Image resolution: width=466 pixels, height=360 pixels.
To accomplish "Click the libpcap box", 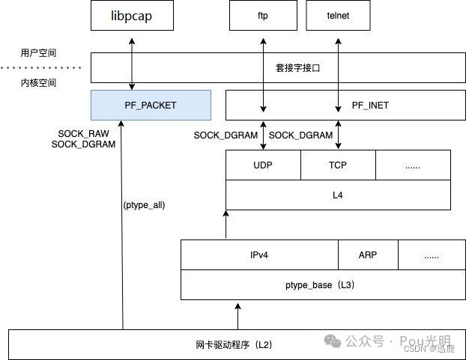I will tap(132, 15).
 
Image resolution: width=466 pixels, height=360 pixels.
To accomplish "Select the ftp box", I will tap(262, 15).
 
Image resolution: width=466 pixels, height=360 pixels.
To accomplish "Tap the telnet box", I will tap(338, 15).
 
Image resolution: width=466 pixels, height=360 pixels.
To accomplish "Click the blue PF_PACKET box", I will tap(150, 105).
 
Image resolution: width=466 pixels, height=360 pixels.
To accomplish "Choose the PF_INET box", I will tap(369, 105).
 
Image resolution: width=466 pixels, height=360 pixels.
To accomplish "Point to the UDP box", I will tap(263, 165).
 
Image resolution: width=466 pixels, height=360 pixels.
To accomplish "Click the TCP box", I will tap(338, 165).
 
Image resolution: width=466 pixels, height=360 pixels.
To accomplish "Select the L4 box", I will tap(338, 195).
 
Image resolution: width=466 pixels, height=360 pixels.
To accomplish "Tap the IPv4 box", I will tap(259, 255).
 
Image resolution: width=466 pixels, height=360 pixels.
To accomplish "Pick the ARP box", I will tap(368, 255).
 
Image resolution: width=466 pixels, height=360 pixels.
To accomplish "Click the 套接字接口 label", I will tap(298, 67).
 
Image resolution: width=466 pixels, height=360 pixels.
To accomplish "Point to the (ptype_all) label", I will tap(143, 204).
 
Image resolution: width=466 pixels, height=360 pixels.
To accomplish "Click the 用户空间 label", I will tap(39, 54).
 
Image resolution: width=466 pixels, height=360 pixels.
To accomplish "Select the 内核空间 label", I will tap(39, 82).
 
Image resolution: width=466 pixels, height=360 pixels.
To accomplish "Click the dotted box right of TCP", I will tap(413, 165).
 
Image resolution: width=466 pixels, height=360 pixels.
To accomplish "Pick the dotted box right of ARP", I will tap(432, 255).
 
